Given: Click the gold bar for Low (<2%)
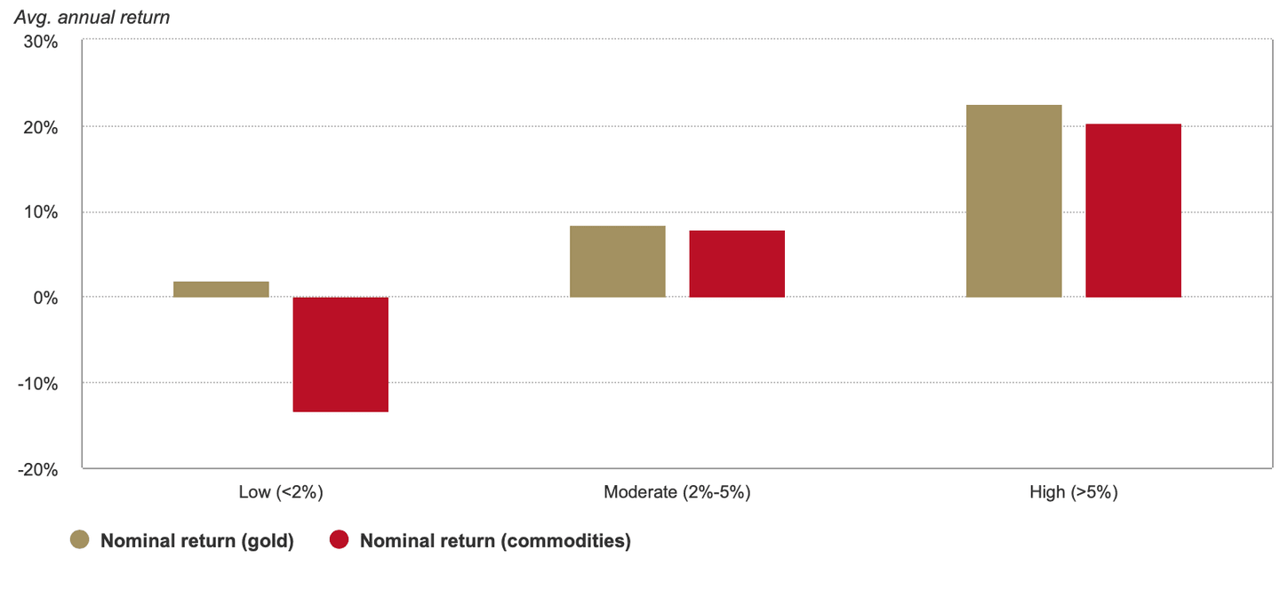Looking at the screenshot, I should [x=221, y=290].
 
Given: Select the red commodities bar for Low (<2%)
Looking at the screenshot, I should [x=340, y=355].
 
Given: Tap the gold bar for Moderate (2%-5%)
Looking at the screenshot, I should [x=618, y=261].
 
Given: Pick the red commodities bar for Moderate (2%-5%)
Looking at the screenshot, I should [x=737, y=264].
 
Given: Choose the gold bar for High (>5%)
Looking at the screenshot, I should [x=1014, y=201].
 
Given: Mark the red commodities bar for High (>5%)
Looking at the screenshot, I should [x=1133, y=211].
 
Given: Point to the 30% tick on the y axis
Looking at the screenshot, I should [x=40, y=42].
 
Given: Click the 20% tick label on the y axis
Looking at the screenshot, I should [x=40, y=127].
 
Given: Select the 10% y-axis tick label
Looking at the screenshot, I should [x=40, y=212].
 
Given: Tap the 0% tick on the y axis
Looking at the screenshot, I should [x=44, y=298].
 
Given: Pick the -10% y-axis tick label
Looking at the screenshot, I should [x=37, y=384].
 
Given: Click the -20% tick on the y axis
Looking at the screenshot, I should [x=37, y=469].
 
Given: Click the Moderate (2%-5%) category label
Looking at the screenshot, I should [x=677, y=492].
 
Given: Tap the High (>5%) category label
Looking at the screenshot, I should [x=1074, y=492].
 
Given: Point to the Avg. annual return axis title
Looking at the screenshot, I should [x=92, y=16].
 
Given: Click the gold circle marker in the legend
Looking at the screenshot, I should [x=81, y=540].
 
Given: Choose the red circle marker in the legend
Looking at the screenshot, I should [x=340, y=540].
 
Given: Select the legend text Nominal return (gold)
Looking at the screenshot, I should [x=196, y=541].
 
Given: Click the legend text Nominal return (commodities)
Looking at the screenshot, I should [x=495, y=541].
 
